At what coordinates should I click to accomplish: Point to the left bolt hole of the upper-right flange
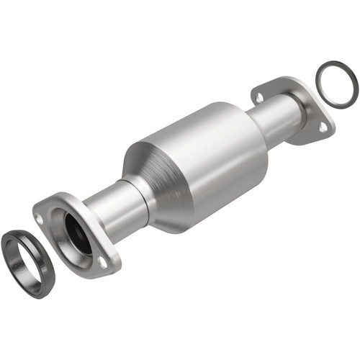click(258, 95)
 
